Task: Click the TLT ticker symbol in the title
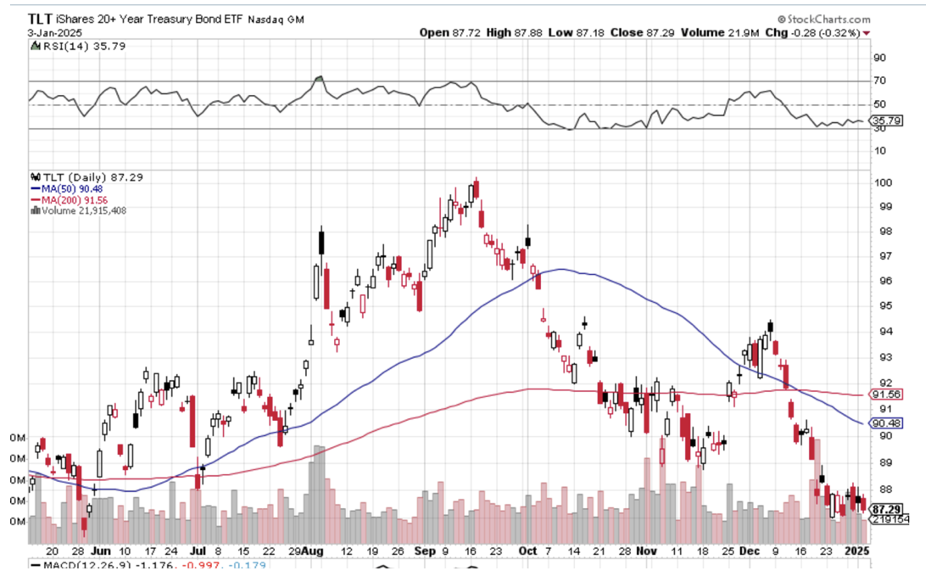tap(42, 18)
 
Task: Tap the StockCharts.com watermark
tap(827, 19)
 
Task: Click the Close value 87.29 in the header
tap(652, 32)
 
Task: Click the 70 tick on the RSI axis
tap(881, 81)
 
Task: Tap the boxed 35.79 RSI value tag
tap(887, 121)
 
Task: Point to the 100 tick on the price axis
tap(885, 182)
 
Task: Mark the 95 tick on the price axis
tap(882, 305)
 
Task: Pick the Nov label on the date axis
tap(647, 551)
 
